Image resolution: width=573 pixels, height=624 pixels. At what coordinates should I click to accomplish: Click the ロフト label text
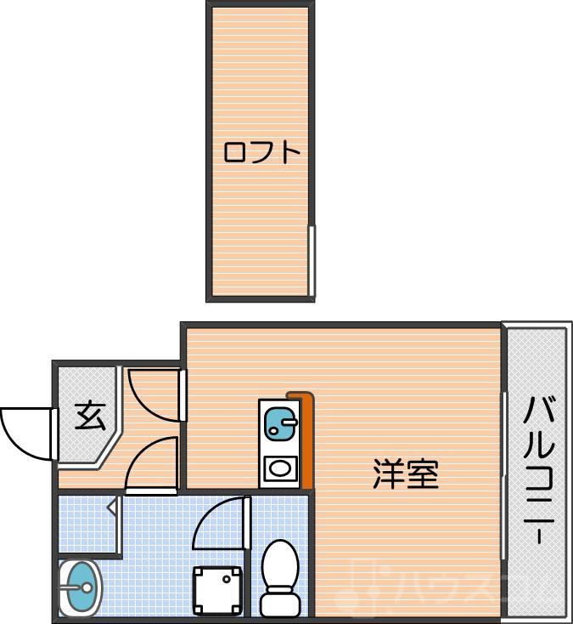(x=261, y=153)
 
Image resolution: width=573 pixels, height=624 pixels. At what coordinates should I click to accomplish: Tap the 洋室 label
(x=406, y=474)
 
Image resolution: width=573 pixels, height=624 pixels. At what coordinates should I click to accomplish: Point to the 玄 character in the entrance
(x=89, y=416)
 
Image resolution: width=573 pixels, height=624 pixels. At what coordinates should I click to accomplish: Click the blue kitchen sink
(x=278, y=421)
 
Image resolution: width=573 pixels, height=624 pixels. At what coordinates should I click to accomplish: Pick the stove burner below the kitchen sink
(x=278, y=468)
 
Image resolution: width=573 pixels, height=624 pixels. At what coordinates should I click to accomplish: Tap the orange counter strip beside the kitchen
(x=305, y=442)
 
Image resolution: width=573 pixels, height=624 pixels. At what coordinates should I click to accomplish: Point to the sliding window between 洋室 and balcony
(x=504, y=476)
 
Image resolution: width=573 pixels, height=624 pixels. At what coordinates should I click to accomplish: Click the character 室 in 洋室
(x=422, y=474)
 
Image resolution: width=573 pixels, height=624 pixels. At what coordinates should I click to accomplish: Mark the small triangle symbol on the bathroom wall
(x=112, y=508)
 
